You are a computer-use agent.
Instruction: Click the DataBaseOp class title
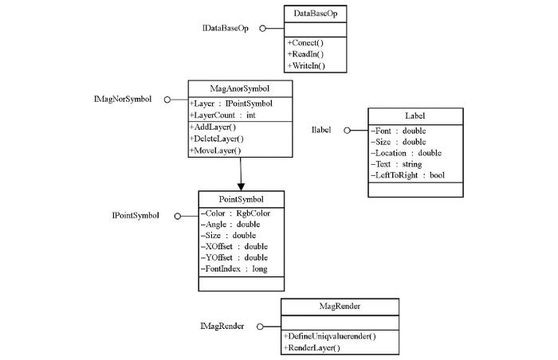(316, 14)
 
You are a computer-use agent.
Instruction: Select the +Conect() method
(305, 43)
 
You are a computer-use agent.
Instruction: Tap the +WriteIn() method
(306, 66)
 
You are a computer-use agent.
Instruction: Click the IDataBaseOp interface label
(226, 29)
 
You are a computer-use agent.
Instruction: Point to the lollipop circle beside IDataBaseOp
(262, 29)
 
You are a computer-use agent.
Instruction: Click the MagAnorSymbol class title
(240, 88)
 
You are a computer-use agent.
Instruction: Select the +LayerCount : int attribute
(222, 115)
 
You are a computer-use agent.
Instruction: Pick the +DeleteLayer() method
(217, 139)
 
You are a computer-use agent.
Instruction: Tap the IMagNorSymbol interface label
(123, 99)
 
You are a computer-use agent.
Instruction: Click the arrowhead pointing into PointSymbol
(241, 186)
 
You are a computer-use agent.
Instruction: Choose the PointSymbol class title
(241, 199)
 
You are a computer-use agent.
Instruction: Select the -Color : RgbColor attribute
(236, 213)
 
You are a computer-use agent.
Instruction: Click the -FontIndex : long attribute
(234, 269)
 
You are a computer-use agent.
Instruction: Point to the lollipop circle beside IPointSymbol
(178, 216)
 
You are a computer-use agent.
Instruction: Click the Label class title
(415, 116)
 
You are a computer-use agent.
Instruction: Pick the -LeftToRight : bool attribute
(408, 175)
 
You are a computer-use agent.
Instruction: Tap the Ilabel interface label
(321, 130)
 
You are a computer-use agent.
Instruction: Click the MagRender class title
(340, 307)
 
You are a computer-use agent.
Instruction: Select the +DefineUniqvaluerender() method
(329, 336)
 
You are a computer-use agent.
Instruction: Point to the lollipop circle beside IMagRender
(260, 327)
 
